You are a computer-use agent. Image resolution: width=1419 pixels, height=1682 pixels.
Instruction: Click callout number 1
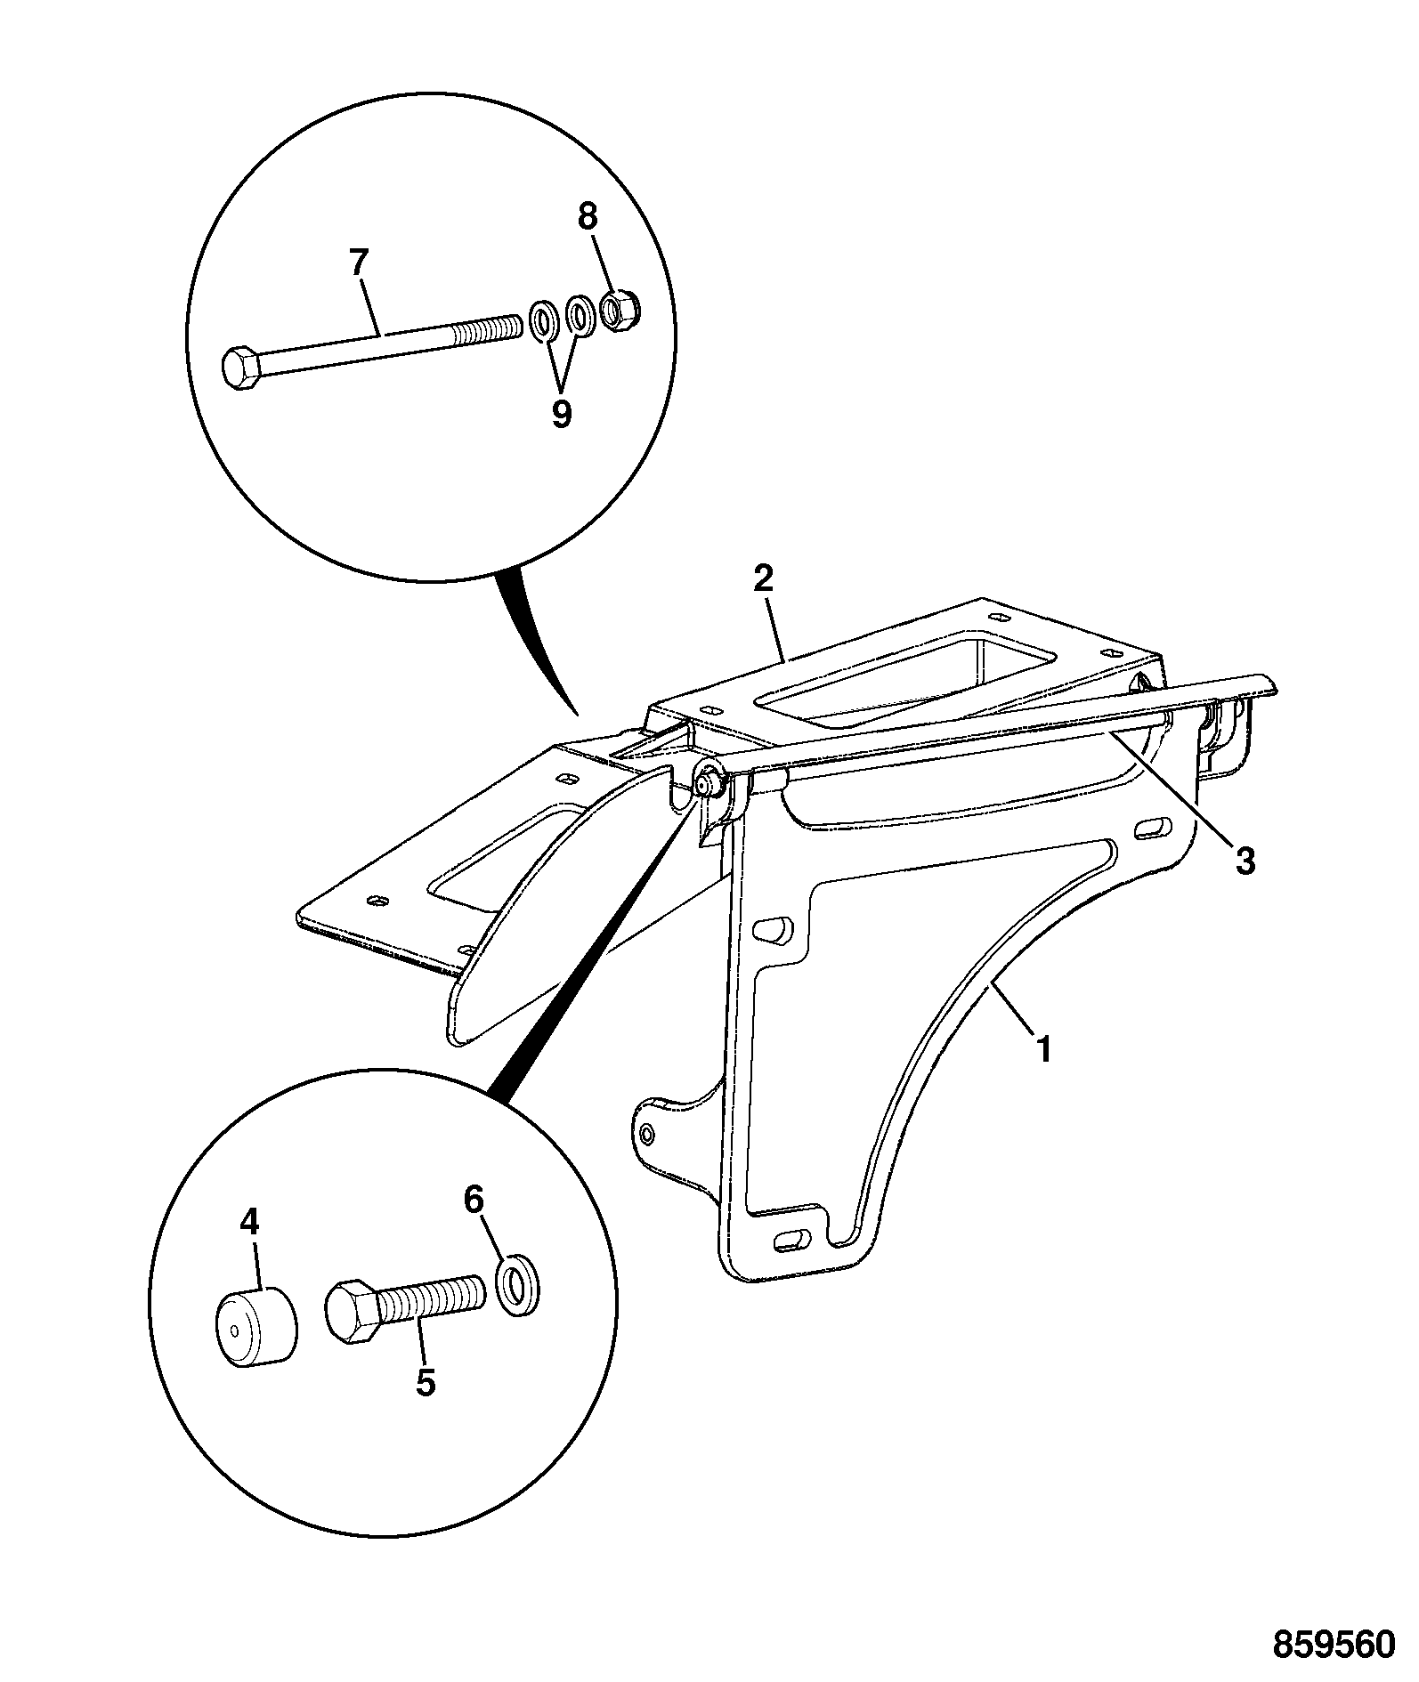pos(1044,1048)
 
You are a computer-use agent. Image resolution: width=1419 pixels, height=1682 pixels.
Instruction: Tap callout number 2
pos(764,578)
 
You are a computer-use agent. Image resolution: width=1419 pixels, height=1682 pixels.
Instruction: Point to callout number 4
pos(250,1222)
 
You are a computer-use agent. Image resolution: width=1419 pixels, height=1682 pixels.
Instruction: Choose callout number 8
pos(588,216)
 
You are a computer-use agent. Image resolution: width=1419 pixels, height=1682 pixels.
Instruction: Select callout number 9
pos(561,414)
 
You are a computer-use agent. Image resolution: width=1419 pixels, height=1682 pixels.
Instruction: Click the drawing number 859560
pos(1333,1644)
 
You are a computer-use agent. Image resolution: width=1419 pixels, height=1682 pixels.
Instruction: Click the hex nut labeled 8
pos(615,311)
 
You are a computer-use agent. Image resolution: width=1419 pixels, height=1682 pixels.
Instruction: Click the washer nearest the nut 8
pos(580,316)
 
